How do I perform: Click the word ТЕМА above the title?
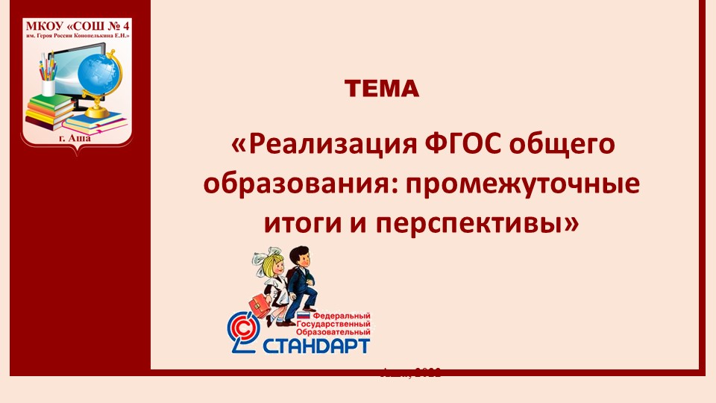click(382, 90)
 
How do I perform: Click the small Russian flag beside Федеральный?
click(282, 316)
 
